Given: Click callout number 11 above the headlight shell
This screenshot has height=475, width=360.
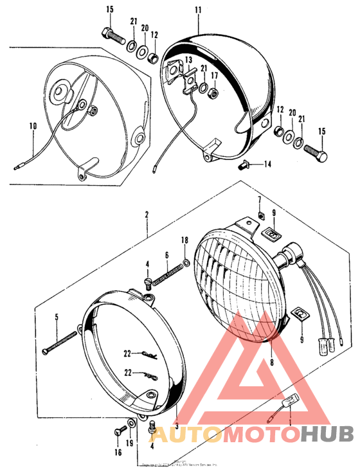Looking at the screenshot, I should (198, 10).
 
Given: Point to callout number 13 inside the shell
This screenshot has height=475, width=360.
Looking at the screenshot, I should (188, 60).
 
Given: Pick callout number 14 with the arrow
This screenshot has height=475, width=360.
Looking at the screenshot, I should (267, 165).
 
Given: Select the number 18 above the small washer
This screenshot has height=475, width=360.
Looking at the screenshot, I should (185, 240).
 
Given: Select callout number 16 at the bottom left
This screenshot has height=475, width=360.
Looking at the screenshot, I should (118, 453).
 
